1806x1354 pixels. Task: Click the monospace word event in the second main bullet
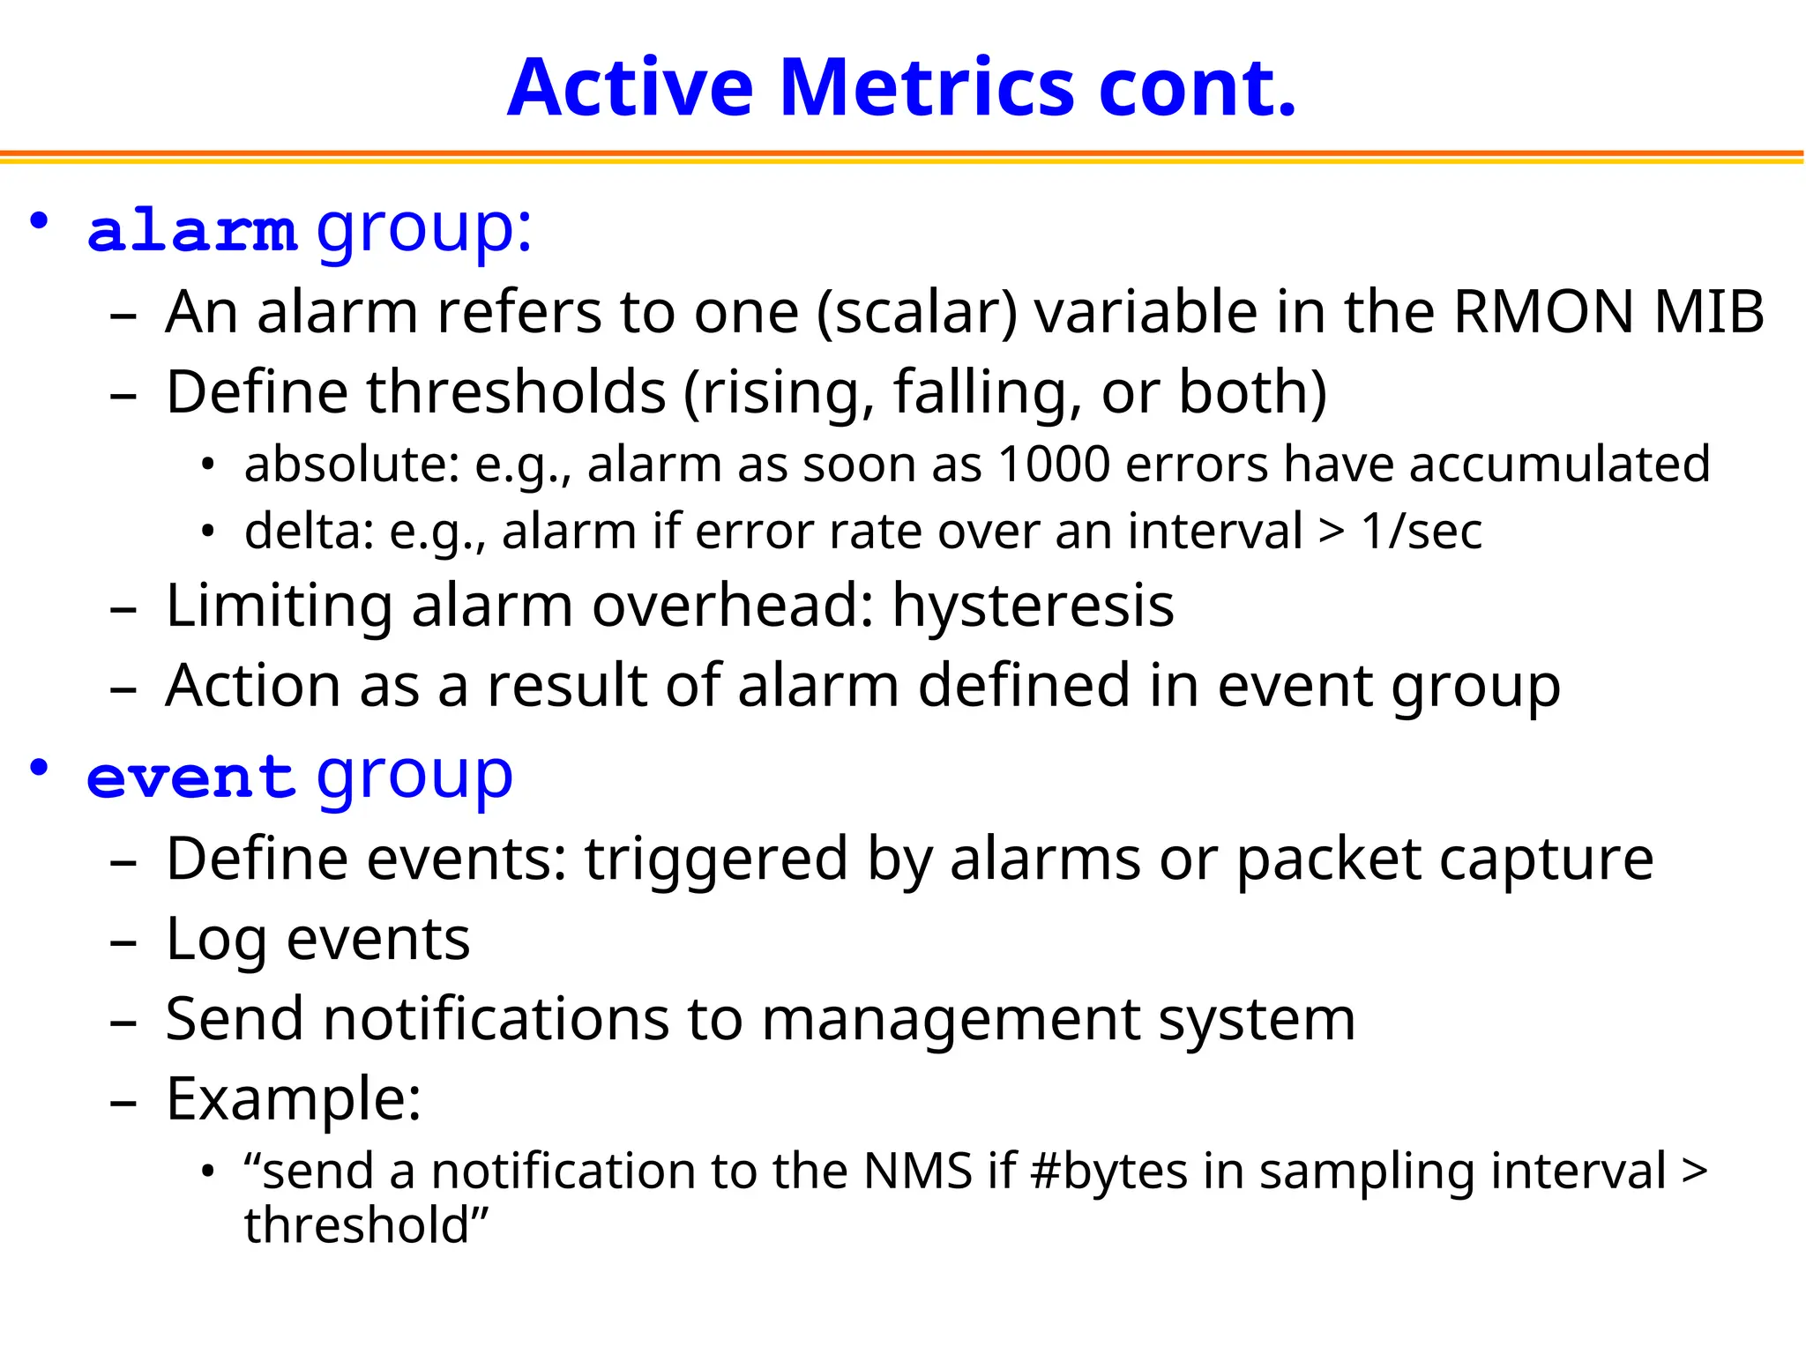point(190,777)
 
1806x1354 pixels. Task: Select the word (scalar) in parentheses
point(917,314)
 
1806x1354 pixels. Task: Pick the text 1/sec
point(1421,532)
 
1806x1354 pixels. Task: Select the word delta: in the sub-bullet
point(310,532)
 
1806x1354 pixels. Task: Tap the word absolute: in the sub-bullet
point(352,465)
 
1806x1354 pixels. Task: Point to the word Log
point(216,941)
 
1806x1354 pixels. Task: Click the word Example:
point(294,1099)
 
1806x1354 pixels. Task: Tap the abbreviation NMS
point(917,1172)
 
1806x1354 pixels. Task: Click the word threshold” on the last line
point(366,1226)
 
